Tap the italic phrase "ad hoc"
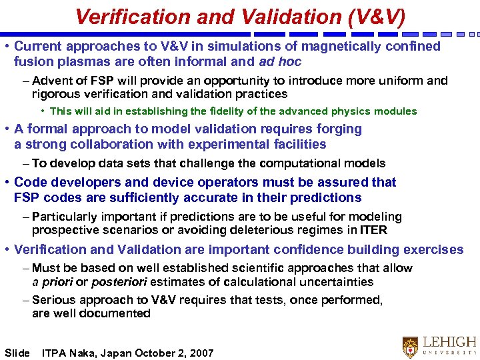pyautogui.click(x=280, y=62)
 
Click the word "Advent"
pyautogui.click(x=51, y=81)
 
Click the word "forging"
pyautogui.click(x=336, y=129)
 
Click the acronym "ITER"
pyautogui.click(x=372, y=231)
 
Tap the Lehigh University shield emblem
pyautogui.click(x=410, y=345)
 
